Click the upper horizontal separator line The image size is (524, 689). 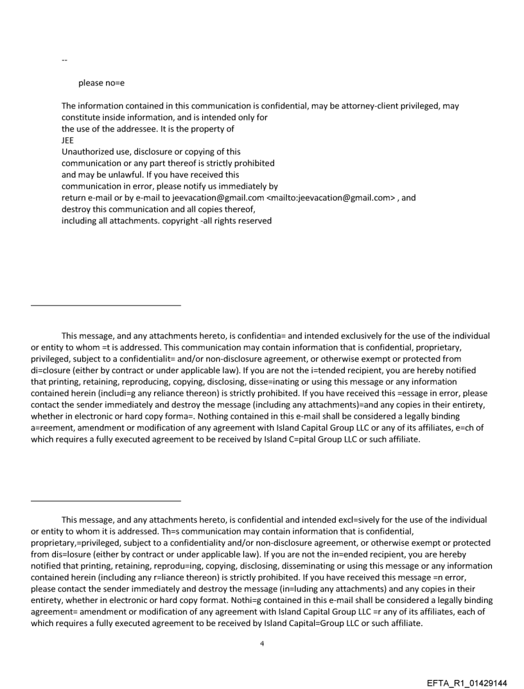tap(106, 305)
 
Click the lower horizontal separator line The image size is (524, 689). tap(106, 501)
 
